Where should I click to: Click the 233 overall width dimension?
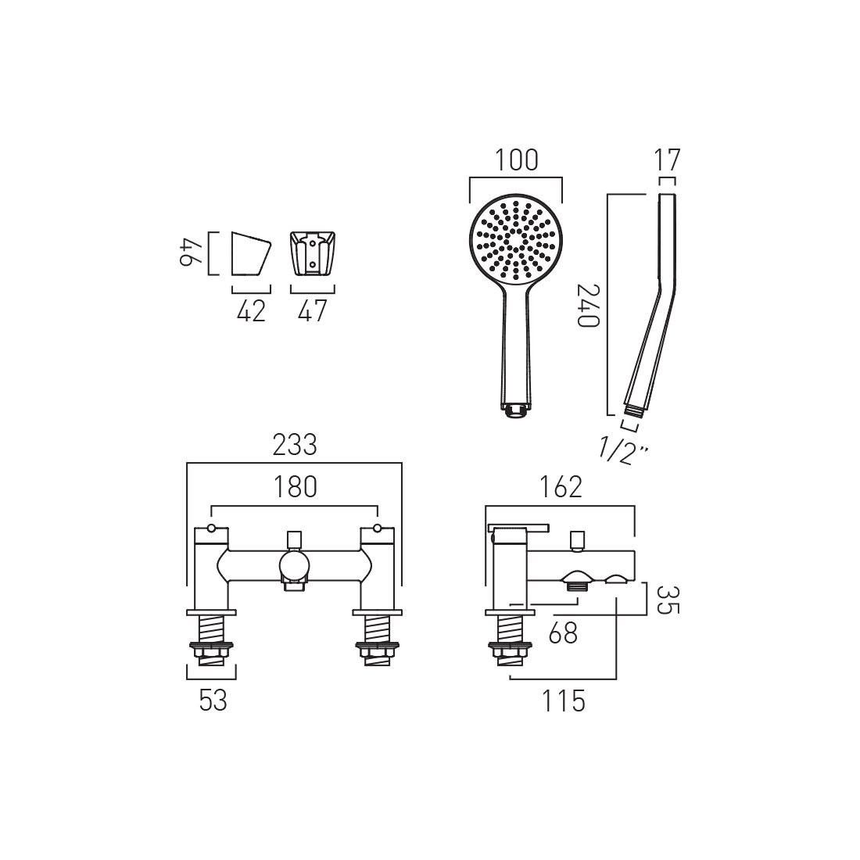click(x=295, y=445)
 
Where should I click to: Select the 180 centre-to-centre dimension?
click(x=295, y=487)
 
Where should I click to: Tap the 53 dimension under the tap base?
click(x=213, y=701)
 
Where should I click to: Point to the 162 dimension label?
click(x=561, y=487)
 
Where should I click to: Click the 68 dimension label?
click(x=563, y=633)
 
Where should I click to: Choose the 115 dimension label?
click(x=563, y=701)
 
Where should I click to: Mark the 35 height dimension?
click(x=668, y=600)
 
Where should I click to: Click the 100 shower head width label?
click(x=517, y=160)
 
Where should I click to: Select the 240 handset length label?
click(x=589, y=305)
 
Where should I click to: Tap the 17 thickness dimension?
click(x=667, y=160)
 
